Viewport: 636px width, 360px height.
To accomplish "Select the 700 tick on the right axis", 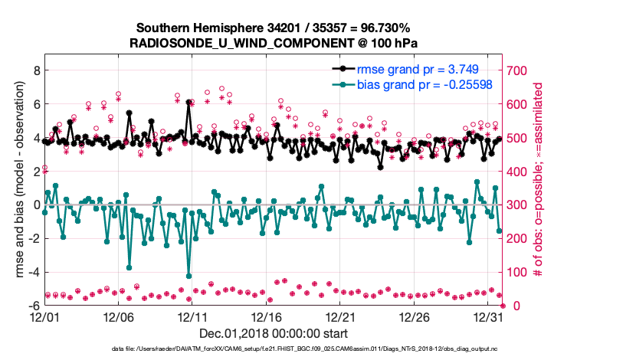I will tap(520, 70).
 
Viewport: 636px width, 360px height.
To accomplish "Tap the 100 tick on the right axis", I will tap(520, 272).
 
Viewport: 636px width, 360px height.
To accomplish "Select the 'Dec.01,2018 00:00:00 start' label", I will tap(274, 333).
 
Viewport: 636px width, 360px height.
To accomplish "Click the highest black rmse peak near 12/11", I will tap(189, 102).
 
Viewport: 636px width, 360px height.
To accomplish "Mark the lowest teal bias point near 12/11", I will tap(189, 276).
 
